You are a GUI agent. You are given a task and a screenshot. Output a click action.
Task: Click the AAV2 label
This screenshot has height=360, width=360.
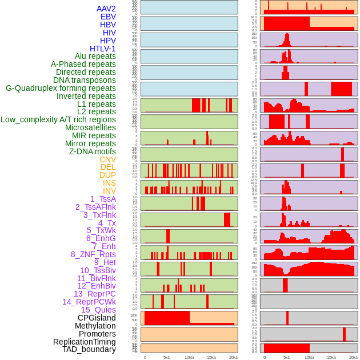pyautogui.click(x=106, y=9)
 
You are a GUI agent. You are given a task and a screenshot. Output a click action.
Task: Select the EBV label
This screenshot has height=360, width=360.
pyautogui.click(x=107, y=17)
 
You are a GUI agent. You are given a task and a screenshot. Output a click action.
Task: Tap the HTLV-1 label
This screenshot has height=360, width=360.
pyautogui.click(x=102, y=49)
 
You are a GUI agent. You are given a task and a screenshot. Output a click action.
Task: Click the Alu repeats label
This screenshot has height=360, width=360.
pyautogui.click(x=95, y=56)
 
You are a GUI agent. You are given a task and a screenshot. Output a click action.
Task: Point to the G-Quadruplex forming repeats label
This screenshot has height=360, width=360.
pyautogui.click(x=61, y=88)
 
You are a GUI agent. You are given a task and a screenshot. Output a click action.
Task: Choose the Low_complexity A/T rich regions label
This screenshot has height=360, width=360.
pyautogui.click(x=58, y=119)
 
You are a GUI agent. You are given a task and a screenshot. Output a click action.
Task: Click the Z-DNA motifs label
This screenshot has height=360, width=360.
pyautogui.click(x=92, y=151)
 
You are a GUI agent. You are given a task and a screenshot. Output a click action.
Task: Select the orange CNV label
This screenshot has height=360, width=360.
pyautogui.click(x=107, y=159)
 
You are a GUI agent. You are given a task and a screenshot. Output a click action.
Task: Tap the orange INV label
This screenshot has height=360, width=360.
pyautogui.click(x=109, y=191)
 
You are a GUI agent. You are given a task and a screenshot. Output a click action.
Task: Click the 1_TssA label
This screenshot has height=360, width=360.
pyautogui.click(x=103, y=199)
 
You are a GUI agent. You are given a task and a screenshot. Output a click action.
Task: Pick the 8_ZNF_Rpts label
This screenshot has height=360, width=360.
pyautogui.click(x=93, y=254)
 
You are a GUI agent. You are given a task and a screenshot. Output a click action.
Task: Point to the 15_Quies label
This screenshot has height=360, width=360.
pyautogui.click(x=98, y=310)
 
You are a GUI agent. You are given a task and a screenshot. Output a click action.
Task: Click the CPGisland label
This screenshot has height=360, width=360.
pyautogui.click(x=97, y=318)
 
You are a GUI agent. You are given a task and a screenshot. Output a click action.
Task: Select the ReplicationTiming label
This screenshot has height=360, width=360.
pyautogui.click(x=84, y=342)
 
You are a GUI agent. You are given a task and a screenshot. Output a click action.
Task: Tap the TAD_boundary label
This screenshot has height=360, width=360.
pyautogui.click(x=89, y=349)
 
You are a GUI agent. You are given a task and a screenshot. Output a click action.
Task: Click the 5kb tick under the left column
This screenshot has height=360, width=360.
pyautogui.click(x=167, y=357)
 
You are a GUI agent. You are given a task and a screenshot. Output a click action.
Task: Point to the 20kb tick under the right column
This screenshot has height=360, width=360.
pyautogui.click(x=354, y=357)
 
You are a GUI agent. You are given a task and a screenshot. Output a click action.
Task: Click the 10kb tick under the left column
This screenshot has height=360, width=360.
pyautogui.click(x=189, y=357)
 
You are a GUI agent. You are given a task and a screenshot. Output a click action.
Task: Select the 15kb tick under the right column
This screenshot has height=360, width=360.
pyautogui.click(x=331, y=357)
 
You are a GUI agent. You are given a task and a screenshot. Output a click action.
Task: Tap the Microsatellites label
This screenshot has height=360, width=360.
pyautogui.click(x=90, y=127)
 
